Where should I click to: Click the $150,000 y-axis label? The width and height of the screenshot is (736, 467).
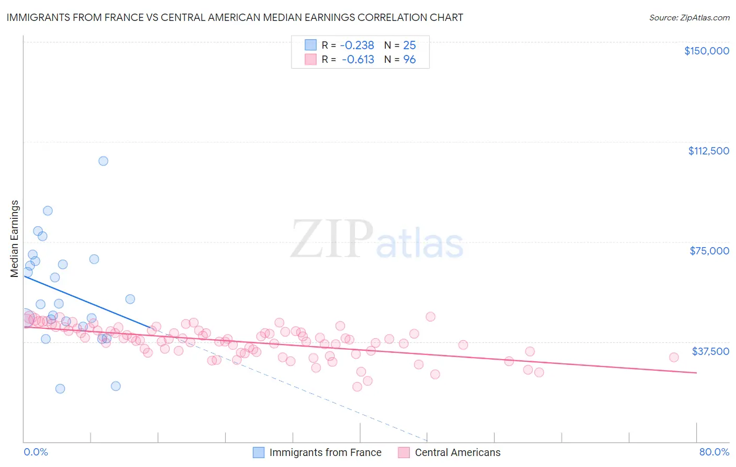tap(706, 51)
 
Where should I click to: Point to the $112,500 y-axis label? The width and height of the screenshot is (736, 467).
tap(708, 151)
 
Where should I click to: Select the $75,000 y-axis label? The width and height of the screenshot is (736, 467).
tap(709, 251)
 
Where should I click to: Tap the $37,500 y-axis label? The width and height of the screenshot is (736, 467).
tap(710, 351)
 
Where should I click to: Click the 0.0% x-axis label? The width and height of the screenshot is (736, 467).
tap(36, 452)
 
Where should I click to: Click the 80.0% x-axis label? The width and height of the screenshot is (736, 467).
tap(714, 452)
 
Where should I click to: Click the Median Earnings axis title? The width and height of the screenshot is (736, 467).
tap(15, 238)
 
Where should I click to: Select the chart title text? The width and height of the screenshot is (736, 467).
tap(235, 17)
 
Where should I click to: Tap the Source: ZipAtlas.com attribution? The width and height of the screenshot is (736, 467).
tap(689, 17)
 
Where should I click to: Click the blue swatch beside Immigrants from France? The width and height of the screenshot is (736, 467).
tap(259, 452)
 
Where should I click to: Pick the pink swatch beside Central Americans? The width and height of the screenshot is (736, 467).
tap(404, 452)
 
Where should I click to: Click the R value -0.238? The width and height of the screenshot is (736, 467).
tap(357, 45)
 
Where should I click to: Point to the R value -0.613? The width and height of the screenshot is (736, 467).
tap(358, 59)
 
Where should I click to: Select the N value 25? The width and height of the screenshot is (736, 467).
tap(409, 45)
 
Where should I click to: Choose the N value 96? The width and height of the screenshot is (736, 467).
tap(409, 59)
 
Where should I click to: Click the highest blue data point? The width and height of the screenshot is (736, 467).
tap(103, 161)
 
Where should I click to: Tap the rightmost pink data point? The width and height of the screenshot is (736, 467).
tap(674, 357)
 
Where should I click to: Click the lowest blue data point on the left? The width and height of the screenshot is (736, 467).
tap(60, 388)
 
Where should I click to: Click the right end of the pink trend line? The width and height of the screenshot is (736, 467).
tap(696, 372)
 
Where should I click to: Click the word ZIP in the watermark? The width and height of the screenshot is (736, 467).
tap(331, 239)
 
